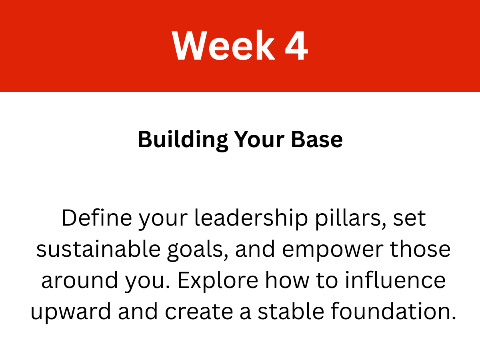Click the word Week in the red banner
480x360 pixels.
223,45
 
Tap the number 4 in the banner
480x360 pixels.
296,45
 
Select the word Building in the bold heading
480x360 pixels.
183,140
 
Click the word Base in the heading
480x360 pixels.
317,140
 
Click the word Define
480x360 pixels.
97,218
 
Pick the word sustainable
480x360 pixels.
98,249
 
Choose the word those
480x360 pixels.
420,249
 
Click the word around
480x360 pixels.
80,280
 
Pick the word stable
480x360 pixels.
291,311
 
